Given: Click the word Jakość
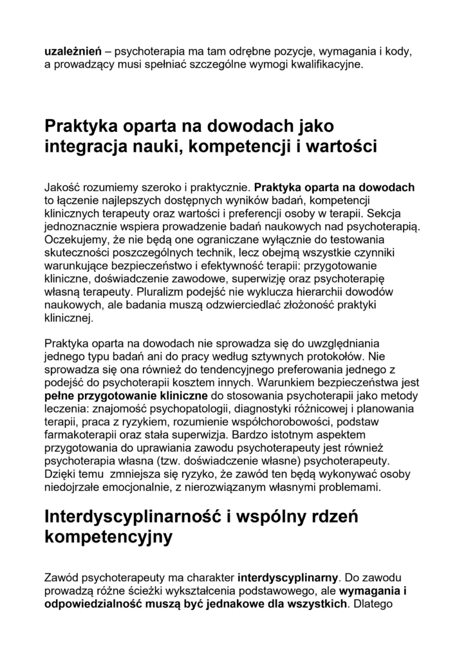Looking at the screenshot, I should [x=63, y=188].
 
